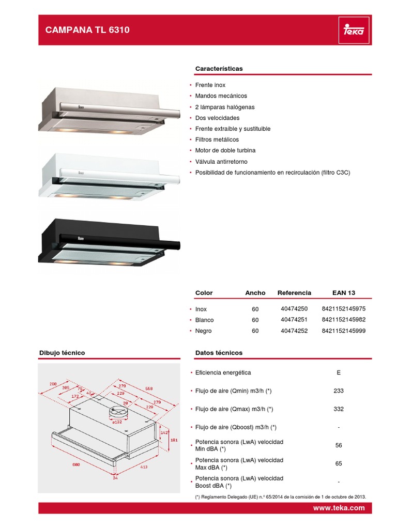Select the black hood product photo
(x=108, y=241)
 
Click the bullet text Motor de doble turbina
(x=225, y=150)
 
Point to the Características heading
(x=219, y=68)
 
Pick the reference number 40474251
(x=294, y=320)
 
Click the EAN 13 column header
(x=344, y=292)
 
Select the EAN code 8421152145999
(x=343, y=331)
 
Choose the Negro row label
(x=203, y=331)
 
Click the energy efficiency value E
(x=338, y=372)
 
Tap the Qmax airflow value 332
(x=338, y=409)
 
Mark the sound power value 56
(x=338, y=445)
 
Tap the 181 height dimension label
(x=174, y=440)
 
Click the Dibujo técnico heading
(x=62, y=353)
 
